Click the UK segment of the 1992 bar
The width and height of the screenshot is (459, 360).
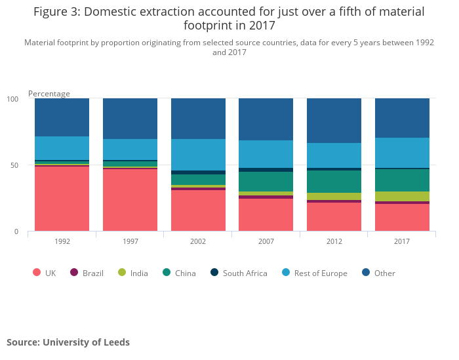[62, 199]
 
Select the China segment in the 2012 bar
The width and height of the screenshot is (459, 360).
[334, 182]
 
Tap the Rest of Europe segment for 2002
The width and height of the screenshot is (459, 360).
[198, 155]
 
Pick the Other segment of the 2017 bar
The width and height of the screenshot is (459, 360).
[402, 118]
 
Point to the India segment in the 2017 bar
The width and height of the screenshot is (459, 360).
[402, 196]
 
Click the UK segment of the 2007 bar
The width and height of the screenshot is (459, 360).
[266, 215]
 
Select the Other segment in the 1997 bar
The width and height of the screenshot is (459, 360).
[130, 119]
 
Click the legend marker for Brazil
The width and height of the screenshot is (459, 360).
[74, 273]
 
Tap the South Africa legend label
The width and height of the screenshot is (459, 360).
[245, 273]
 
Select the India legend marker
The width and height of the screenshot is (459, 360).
[122, 273]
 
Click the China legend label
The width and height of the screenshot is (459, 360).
[185, 273]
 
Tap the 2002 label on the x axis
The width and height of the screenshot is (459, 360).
[198, 241]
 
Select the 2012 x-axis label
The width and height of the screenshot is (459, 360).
[334, 241]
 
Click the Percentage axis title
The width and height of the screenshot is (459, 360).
[49, 94]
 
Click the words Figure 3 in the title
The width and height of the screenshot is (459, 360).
[58, 12]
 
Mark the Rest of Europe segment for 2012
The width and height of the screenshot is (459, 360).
[334, 155]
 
